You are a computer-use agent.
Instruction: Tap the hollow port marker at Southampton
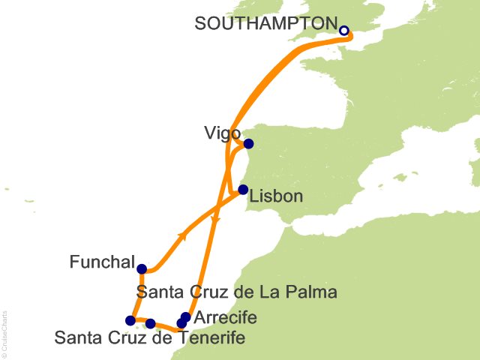tap(344, 31)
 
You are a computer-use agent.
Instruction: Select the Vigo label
tap(221, 133)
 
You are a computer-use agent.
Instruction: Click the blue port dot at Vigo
tap(248, 144)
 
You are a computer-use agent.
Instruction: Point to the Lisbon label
tap(277, 197)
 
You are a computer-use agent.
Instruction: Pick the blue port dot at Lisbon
tap(243, 190)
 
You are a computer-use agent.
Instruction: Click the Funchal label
tap(101, 263)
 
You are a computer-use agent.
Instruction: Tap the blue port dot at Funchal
tap(142, 268)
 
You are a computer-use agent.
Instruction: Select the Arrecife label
tap(225, 318)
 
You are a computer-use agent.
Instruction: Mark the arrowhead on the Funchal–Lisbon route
tap(182, 236)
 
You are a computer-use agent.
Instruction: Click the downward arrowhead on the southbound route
tap(216, 220)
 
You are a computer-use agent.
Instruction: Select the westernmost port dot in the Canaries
tap(130, 320)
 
